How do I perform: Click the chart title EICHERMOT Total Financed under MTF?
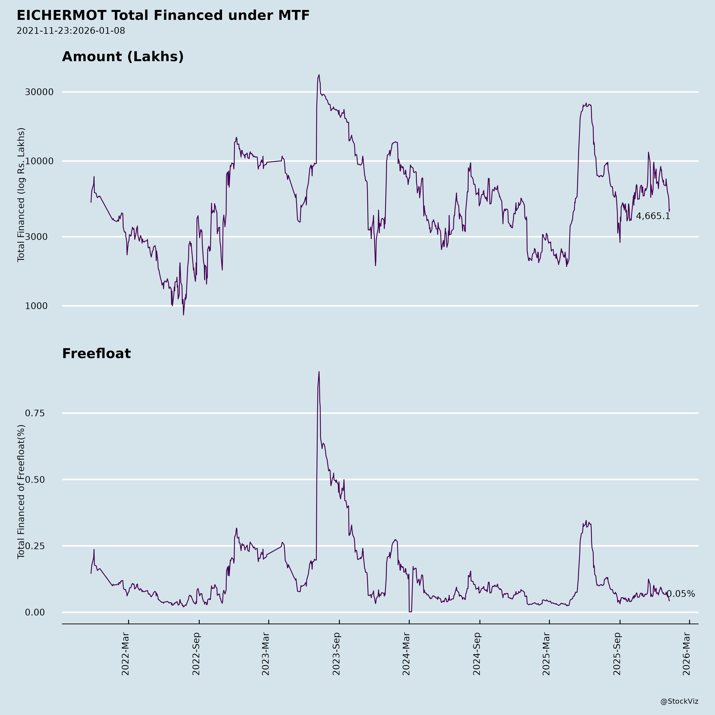[x=163, y=15]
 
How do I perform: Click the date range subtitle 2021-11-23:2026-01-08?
[x=71, y=31]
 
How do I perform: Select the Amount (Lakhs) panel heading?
[x=123, y=57]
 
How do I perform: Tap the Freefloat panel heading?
[x=96, y=354]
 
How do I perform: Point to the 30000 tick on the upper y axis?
[x=39, y=92]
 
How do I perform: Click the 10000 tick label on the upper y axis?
[x=39, y=161]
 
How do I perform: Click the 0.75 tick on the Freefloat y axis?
[x=35, y=413]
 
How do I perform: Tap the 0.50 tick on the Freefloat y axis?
[x=35, y=480]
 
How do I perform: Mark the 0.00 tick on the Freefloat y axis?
[x=35, y=613]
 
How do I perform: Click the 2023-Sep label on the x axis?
[x=336, y=654]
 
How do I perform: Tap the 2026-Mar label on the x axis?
[x=687, y=654]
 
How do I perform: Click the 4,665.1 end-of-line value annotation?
[x=653, y=216]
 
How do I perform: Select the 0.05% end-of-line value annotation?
[x=681, y=594]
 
